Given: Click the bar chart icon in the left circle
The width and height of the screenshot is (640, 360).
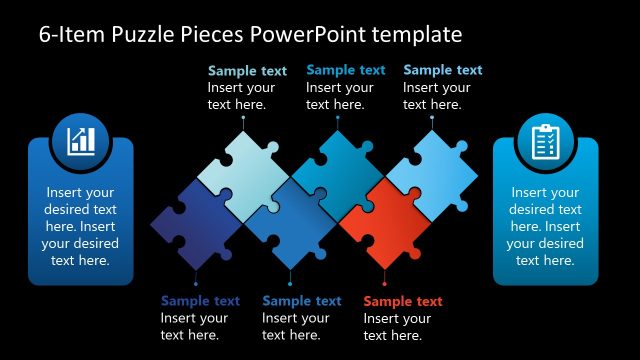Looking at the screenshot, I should point(81,141).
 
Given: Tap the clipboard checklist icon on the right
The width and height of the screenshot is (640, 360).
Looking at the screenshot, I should point(545,142).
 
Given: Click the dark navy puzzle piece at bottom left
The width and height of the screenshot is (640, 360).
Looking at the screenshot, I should point(194,224).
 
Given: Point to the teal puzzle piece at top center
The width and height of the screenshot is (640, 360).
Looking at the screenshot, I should point(337,171).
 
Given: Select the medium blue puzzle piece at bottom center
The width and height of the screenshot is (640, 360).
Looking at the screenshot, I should point(289,223).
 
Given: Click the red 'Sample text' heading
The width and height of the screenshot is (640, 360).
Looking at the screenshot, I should point(403,301).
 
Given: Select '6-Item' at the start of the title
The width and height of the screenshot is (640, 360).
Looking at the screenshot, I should point(71,35).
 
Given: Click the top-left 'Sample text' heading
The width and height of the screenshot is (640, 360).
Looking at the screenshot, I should point(247,71).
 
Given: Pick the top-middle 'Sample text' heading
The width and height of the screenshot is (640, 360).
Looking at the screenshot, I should point(345,70).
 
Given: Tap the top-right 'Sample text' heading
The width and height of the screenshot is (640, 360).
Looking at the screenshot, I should point(442,70).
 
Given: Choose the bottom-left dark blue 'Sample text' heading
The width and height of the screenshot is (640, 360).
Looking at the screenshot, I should point(200,301).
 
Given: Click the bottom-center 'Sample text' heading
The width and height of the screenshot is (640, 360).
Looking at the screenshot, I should point(301,301).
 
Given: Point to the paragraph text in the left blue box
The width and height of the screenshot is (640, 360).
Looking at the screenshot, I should point(80,226).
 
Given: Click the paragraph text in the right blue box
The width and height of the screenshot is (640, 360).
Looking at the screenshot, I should point(545,226).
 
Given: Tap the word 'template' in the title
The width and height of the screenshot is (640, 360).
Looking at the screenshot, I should point(416,35).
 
